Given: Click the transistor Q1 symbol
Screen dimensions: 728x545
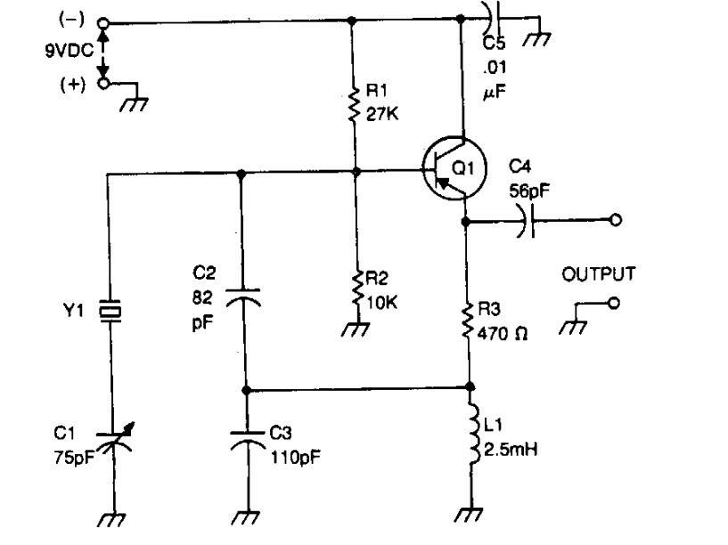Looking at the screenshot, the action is coord(454,168).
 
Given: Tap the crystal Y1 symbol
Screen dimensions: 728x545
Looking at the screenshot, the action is coord(110,311).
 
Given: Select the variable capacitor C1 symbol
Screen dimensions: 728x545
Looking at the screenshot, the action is coord(114,439).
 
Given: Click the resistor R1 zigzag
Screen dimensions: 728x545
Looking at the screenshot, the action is coord(354,104).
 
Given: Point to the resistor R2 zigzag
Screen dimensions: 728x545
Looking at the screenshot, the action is coord(357,289).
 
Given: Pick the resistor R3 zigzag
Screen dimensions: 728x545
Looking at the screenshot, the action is coord(468,320).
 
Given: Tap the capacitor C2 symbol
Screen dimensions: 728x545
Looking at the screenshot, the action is coord(243,297).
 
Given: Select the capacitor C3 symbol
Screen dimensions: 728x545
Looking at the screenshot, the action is coord(248,440).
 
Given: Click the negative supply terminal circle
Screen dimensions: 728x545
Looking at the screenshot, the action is coord(103,23).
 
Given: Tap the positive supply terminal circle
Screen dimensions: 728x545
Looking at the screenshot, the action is coord(103,84).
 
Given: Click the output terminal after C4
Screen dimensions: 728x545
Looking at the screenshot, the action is coord(615,219).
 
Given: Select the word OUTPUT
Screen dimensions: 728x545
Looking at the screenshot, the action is coord(599,274).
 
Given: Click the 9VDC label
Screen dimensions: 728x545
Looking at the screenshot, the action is coord(70,50).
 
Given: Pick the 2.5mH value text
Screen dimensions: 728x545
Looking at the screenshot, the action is coord(511,450).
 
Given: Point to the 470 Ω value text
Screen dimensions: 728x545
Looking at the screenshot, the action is coord(503,333).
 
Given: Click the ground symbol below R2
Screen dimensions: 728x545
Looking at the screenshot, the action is coord(356,329).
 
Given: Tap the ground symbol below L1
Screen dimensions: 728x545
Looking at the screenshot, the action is coord(469,515).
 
